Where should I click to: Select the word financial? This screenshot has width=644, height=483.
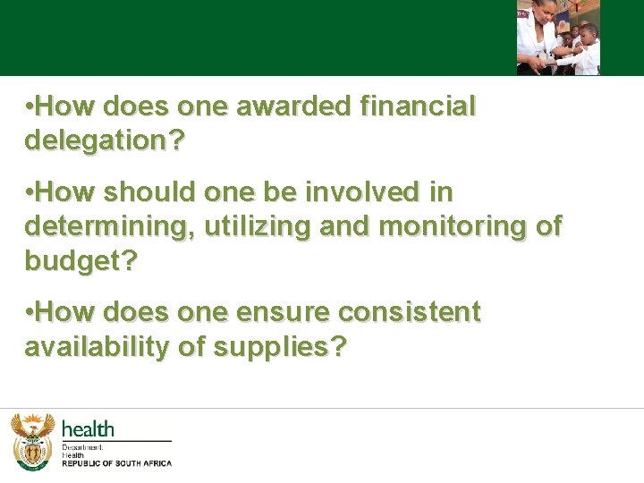point(417,107)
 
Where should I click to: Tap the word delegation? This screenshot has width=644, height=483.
point(97,140)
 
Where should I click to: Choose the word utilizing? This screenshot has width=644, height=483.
point(258,226)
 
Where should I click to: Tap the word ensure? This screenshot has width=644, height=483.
point(279,313)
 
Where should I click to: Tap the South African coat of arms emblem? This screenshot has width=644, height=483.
point(32,441)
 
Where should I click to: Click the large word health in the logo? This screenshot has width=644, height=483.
point(88,429)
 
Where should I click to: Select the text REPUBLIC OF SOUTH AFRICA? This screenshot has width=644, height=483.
point(116,463)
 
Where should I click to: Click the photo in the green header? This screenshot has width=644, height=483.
point(558,38)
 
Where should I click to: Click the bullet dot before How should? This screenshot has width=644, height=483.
point(30,192)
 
